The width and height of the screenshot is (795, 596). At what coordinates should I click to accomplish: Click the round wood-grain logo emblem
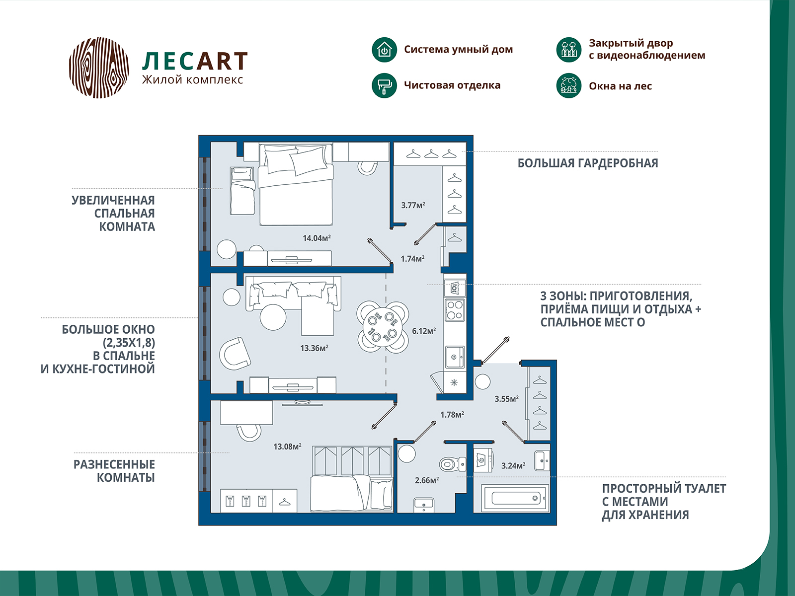coord(99,68)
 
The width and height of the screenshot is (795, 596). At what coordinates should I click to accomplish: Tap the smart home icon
coord(384,50)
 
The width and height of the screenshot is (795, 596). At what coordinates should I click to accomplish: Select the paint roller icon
coord(384,86)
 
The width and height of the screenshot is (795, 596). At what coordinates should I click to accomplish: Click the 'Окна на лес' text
coord(620,86)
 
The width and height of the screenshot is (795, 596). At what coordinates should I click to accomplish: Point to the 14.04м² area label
coord(317,238)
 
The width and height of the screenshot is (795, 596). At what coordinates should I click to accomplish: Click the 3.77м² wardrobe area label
coord(413,205)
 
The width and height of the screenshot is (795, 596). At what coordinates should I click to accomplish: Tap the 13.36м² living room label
coord(314,348)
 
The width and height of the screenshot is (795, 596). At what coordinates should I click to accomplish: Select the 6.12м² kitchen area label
coord(424,331)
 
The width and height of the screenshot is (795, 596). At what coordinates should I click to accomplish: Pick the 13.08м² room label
coord(287,447)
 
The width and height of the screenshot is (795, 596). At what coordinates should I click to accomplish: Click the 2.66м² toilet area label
coord(427,480)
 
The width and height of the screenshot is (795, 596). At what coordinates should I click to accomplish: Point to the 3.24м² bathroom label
coord(513,466)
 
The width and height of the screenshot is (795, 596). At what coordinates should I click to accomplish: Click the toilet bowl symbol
coord(453,464)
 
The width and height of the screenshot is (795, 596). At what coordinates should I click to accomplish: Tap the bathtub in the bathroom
coord(515,499)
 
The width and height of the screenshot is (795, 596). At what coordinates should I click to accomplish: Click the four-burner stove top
coord(455,310)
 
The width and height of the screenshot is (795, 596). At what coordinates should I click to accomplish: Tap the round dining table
coord(383,327)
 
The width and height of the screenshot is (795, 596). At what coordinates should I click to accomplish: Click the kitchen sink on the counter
coord(455,357)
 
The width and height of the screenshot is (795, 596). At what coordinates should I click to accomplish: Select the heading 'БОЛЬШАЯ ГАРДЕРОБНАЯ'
coord(587,163)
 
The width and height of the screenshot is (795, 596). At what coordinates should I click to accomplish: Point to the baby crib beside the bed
coord(242,191)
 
